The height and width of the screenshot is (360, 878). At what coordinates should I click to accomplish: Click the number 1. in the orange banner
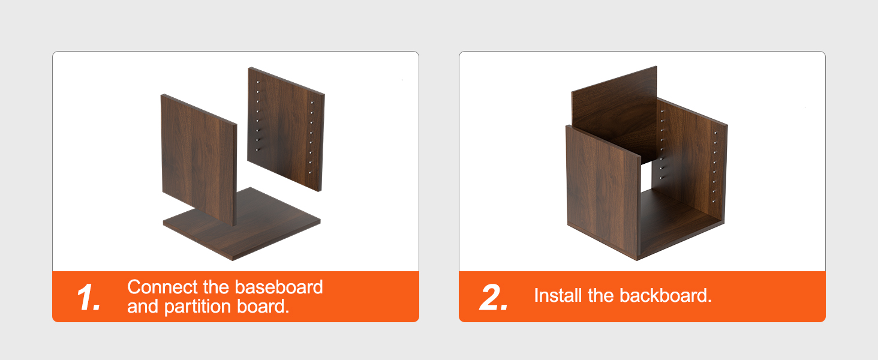click(x=89, y=297)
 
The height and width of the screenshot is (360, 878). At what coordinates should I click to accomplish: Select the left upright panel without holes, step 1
click(x=199, y=159)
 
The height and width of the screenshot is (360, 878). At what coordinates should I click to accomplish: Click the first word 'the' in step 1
click(x=217, y=287)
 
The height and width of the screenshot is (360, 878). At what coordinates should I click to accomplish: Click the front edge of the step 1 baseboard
click(x=198, y=242)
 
